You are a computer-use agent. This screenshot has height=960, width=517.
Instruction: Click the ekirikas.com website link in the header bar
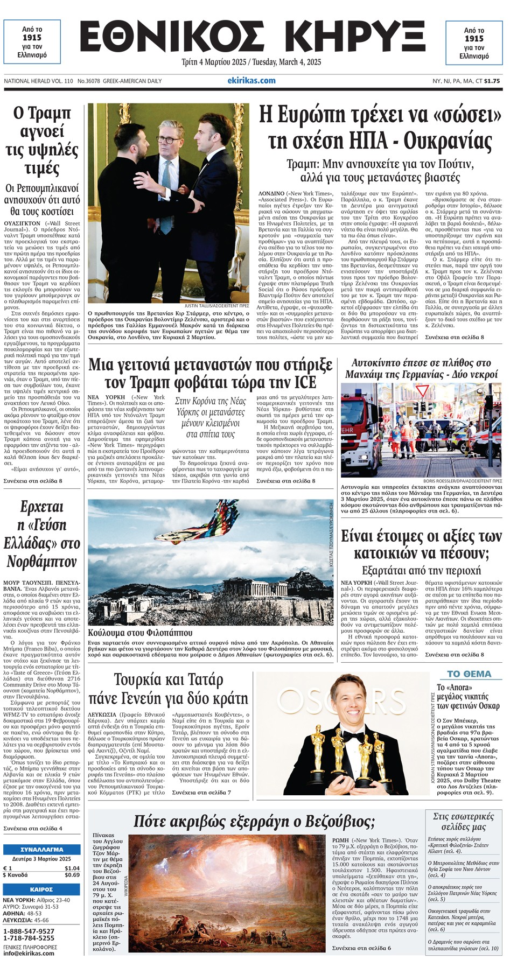pos(251,81)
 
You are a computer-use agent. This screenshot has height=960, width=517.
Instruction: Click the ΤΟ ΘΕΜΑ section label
pos(469,674)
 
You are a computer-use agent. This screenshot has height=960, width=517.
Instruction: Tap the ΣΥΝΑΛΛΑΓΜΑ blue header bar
pos(41,849)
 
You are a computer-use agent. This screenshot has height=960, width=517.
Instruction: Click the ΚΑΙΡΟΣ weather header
pos(41,889)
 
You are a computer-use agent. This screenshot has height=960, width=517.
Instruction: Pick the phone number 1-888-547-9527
pos(29,931)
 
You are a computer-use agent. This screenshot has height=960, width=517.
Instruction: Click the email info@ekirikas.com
pos(29,953)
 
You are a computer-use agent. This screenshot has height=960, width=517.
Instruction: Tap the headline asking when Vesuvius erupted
pos(254,822)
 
